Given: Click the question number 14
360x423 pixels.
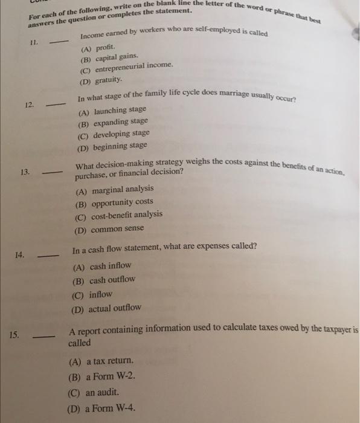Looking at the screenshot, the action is click(x=19, y=255).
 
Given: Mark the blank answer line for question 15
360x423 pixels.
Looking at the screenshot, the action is click(x=43, y=337).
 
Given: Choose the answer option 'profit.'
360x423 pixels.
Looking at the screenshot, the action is click(x=102, y=47).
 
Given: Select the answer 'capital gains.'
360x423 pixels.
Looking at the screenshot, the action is click(x=113, y=57).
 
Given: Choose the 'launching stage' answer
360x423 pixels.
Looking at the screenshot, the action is click(x=120, y=110).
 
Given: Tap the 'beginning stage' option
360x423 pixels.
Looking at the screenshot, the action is click(x=120, y=146).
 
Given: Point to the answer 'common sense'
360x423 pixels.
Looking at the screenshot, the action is click(x=117, y=230).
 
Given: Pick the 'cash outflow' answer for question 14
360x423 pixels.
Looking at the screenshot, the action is click(x=112, y=280).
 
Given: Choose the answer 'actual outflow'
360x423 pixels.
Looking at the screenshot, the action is click(x=115, y=308).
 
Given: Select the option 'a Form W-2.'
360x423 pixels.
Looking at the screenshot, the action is click(x=109, y=376).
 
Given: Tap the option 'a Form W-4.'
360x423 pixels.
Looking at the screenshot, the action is click(x=110, y=407).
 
